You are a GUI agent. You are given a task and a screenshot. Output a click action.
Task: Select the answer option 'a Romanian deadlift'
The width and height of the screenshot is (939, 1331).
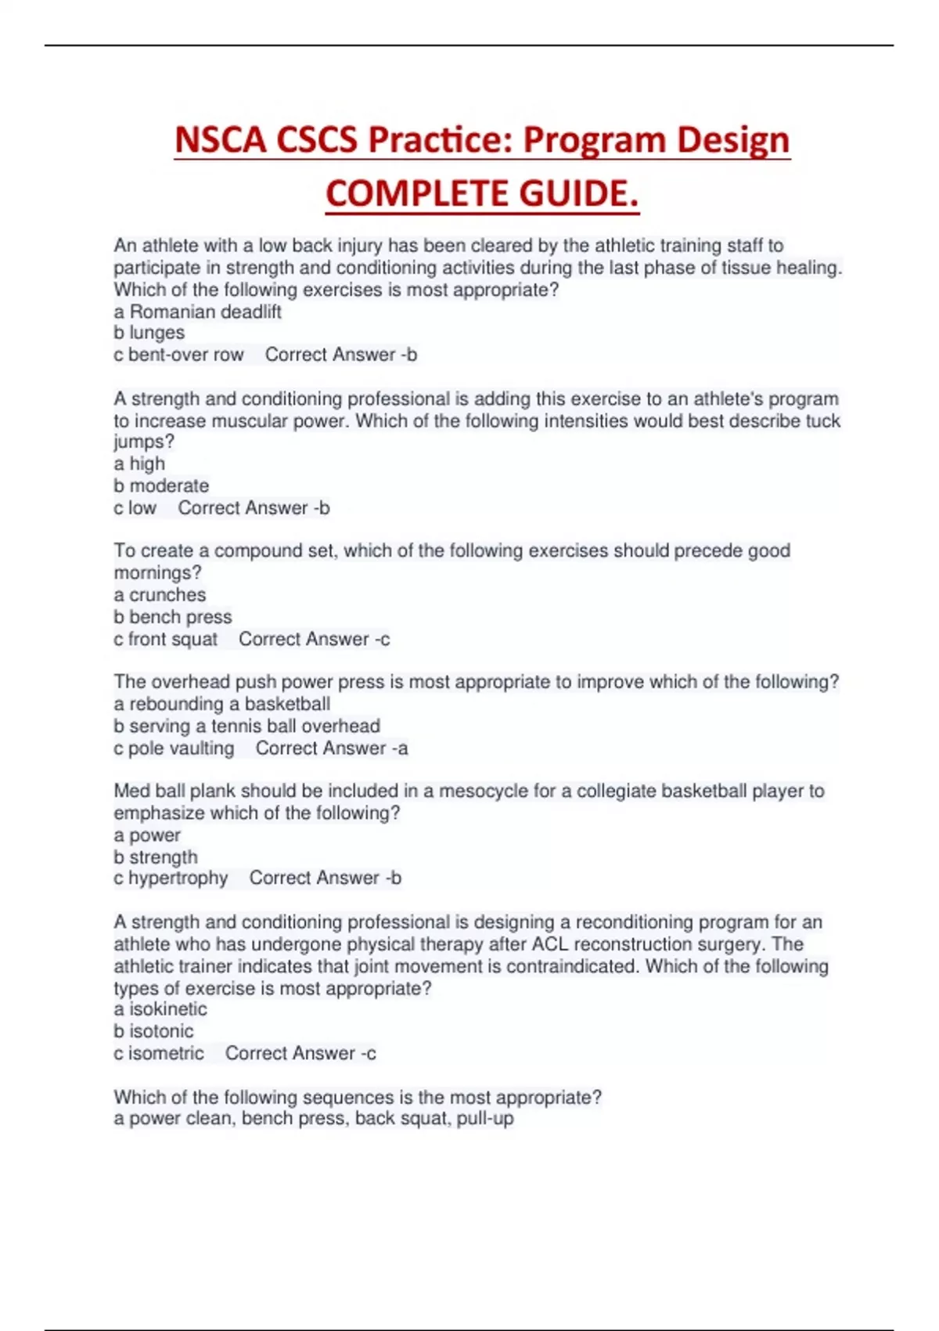(197, 312)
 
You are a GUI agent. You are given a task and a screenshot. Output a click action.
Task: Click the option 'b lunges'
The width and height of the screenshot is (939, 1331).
(149, 333)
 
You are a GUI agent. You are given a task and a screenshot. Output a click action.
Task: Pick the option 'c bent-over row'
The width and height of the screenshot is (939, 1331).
(178, 355)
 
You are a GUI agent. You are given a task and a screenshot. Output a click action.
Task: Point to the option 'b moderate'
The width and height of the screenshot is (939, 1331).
(161, 485)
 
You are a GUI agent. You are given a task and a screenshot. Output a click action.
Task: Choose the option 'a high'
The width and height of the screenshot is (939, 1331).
(139, 464)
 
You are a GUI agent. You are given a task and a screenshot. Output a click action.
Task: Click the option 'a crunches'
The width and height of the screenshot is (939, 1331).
(160, 595)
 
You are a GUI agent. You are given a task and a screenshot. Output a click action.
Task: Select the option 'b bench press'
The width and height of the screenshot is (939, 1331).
(172, 617)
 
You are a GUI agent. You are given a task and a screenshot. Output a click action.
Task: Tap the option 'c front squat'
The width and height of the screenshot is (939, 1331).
(165, 639)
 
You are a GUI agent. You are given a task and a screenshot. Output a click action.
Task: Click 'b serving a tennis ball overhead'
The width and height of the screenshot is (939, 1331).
(246, 726)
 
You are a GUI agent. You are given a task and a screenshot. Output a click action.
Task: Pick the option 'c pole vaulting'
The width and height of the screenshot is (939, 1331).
(174, 748)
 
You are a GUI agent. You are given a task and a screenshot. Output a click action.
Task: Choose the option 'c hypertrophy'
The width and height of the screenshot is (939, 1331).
(171, 878)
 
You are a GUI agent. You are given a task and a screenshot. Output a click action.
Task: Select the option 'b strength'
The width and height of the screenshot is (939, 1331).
(155, 857)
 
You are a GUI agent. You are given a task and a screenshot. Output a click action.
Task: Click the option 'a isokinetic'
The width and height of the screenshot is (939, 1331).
(160, 1009)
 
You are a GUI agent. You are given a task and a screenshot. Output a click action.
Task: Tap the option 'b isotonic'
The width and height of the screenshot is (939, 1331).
(153, 1031)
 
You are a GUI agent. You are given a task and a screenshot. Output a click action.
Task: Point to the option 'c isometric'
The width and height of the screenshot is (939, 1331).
(158, 1053)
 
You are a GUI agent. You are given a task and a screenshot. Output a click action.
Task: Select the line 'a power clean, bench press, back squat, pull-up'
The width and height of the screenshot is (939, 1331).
(313, 1118)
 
